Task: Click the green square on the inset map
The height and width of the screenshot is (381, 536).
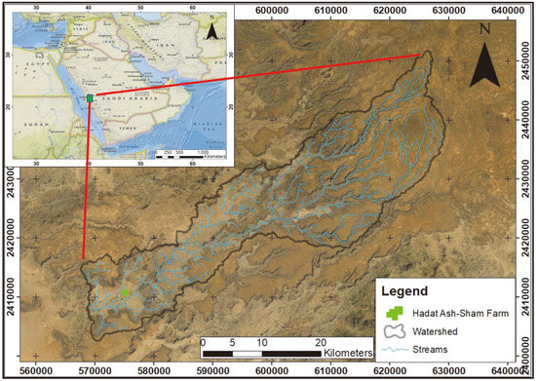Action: tap(89, 97)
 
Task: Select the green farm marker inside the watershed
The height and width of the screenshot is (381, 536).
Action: tap(126, 291)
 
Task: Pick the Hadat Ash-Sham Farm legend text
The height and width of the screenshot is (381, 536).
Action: tap(457, 313)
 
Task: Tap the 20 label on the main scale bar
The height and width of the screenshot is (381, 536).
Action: tap(321, 342)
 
